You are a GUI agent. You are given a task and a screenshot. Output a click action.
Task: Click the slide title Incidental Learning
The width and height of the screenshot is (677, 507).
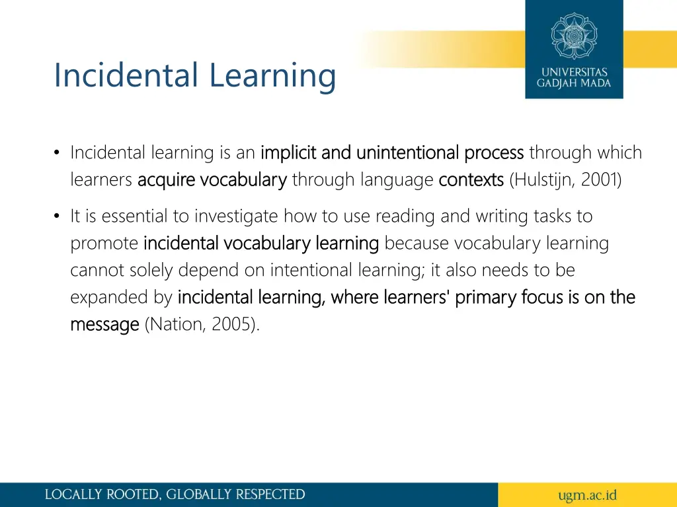194,75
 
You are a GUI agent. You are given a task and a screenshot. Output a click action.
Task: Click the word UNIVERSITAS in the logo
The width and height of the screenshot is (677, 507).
574,72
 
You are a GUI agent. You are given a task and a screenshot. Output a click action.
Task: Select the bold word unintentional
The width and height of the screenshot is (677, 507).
408,153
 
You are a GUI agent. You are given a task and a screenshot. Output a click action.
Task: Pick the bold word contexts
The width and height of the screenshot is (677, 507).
471,180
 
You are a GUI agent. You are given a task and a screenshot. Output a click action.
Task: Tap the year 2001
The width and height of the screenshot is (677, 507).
601,180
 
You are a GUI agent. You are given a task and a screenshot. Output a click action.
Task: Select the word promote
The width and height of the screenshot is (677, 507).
104,244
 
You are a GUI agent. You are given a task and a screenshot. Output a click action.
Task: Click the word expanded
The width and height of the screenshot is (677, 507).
103,298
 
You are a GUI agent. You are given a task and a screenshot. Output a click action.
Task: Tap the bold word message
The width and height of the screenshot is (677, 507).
104,325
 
